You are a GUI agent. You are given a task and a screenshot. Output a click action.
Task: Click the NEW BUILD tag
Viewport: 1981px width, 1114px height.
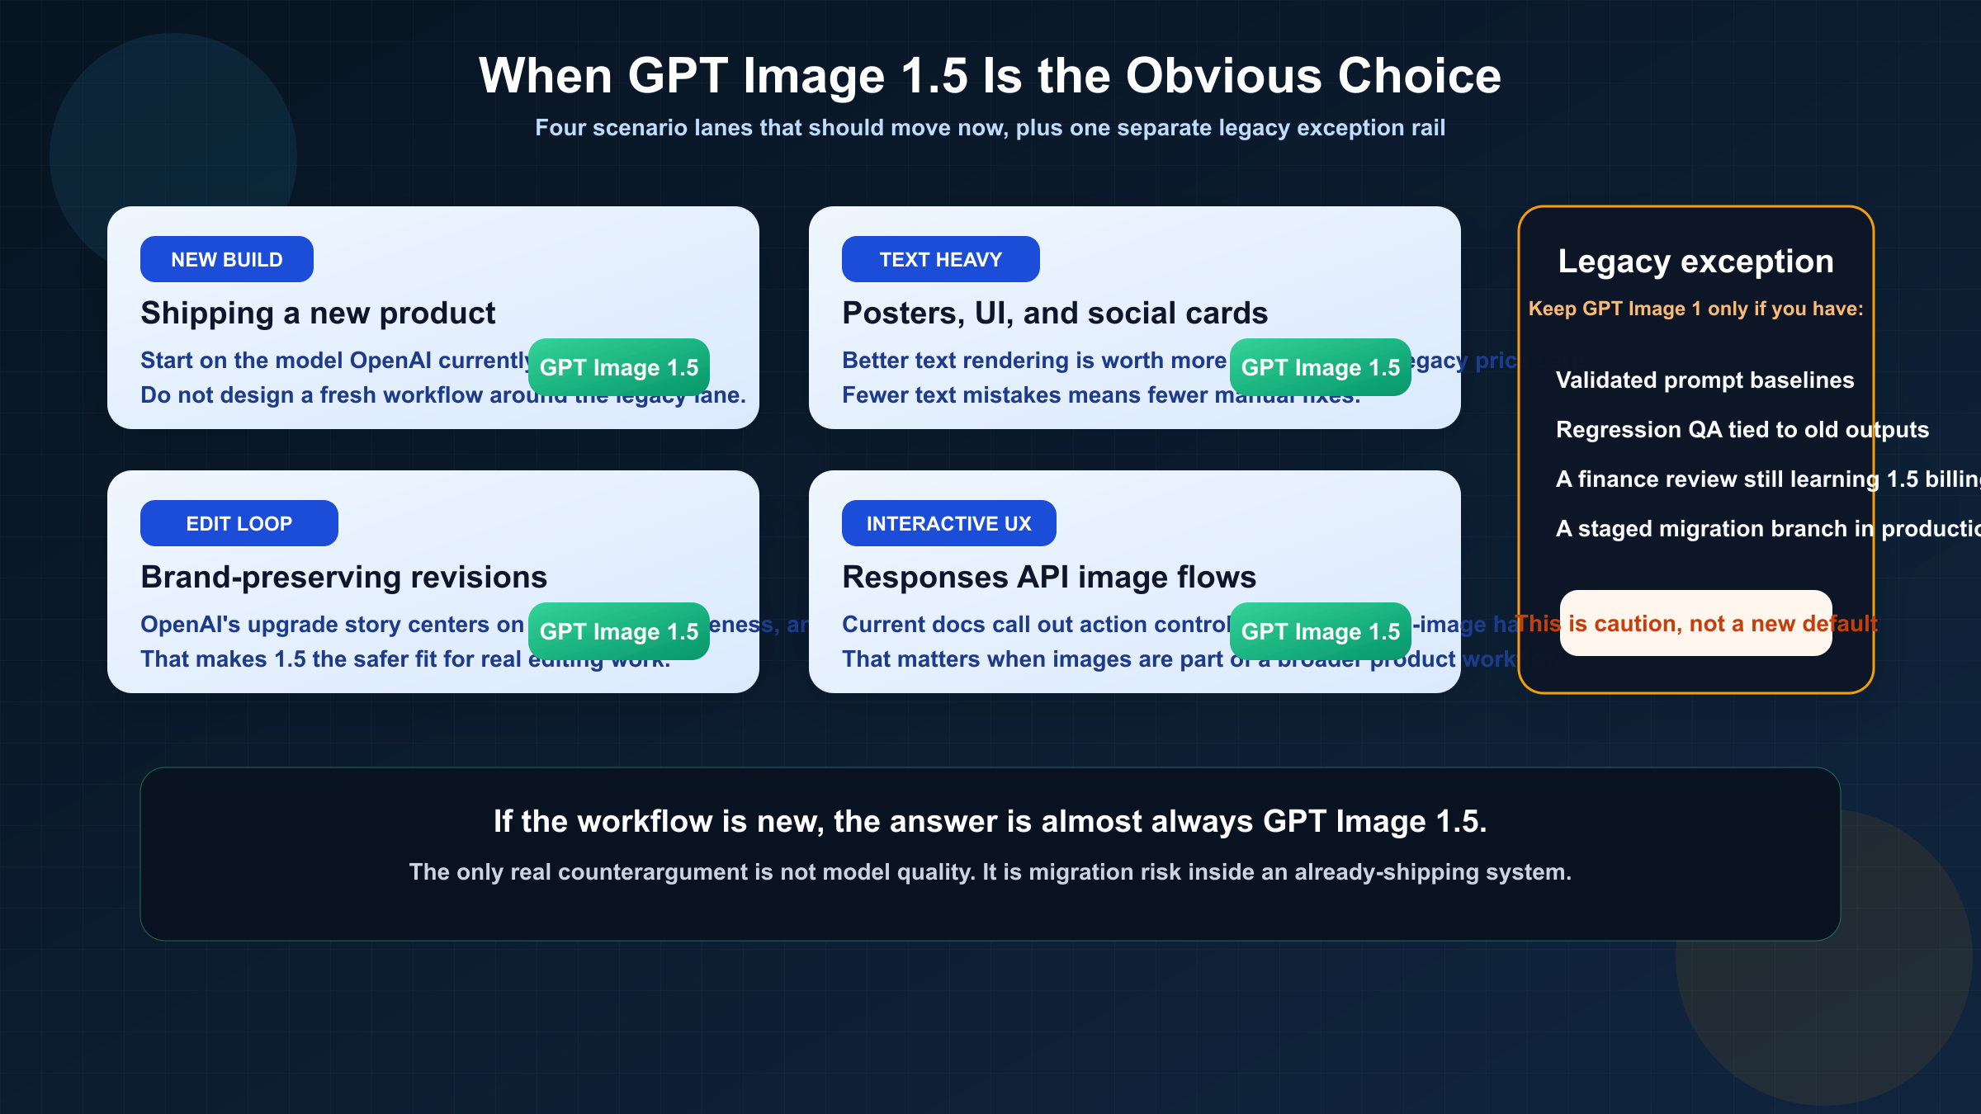227,259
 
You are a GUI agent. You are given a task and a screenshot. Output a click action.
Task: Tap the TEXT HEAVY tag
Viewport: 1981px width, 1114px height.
940,259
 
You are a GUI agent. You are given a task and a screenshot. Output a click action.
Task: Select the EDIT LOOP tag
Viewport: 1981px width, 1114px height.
239,523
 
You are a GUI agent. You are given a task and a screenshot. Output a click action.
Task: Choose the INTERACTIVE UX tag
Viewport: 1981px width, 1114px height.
948,523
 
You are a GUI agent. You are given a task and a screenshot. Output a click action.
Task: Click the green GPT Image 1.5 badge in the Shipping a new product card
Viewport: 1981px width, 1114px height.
618,367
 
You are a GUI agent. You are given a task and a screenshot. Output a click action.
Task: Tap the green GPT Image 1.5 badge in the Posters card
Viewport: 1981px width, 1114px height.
1320,367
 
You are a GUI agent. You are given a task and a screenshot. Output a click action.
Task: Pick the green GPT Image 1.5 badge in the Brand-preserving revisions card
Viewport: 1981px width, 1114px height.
618,631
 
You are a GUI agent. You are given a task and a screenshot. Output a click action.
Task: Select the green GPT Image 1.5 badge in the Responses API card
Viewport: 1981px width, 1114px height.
1320,631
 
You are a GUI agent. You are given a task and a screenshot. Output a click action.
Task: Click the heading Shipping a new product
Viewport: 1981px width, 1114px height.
318,314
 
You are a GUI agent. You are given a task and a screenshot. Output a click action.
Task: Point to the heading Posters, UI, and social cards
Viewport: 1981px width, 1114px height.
1055,314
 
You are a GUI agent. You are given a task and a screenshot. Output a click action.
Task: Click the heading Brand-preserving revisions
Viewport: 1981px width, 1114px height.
343,578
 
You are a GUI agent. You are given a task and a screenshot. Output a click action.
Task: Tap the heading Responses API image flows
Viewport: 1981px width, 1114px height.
1049,578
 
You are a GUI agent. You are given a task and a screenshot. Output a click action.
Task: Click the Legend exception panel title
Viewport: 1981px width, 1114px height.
1695,262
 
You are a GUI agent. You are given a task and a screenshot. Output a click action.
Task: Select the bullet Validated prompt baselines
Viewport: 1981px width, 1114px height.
1704,380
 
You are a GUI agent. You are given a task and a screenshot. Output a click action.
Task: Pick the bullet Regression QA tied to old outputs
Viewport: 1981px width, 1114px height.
1742,430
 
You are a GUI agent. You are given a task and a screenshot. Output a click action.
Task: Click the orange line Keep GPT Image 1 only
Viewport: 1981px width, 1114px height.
1695,309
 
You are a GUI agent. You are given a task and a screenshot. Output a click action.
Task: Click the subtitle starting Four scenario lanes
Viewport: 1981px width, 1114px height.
990,128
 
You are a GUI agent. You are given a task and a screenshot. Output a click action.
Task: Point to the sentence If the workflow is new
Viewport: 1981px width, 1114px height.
990,822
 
